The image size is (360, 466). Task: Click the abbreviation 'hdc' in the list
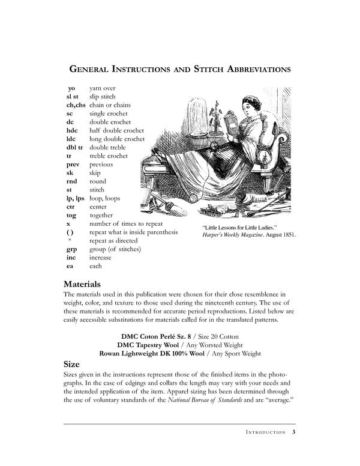pos(73,130)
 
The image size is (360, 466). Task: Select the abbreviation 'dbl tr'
pos(76,147)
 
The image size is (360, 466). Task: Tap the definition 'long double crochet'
pos(117,139)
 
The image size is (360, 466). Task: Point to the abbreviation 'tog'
pos(72,215)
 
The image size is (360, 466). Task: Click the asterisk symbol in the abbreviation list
pos(71,240)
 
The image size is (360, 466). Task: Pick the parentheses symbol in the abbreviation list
pos(70,232)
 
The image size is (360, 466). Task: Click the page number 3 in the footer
pos(293,432)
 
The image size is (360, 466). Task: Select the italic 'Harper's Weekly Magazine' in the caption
pos(233,235)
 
